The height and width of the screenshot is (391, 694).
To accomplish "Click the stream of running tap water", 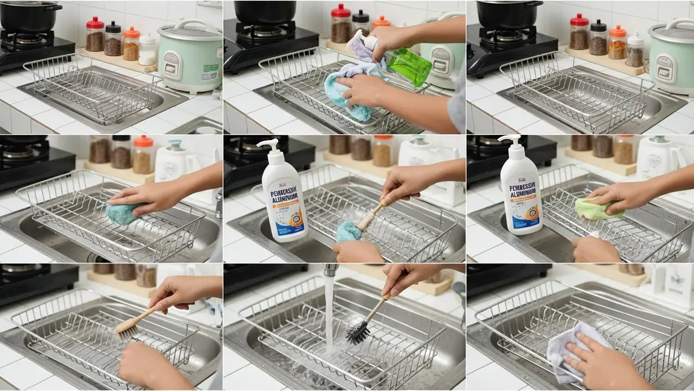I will (329, 313).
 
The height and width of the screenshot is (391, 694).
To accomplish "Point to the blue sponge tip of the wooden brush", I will (349, 232).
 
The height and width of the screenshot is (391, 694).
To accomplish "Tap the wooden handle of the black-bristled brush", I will (379, 306).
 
